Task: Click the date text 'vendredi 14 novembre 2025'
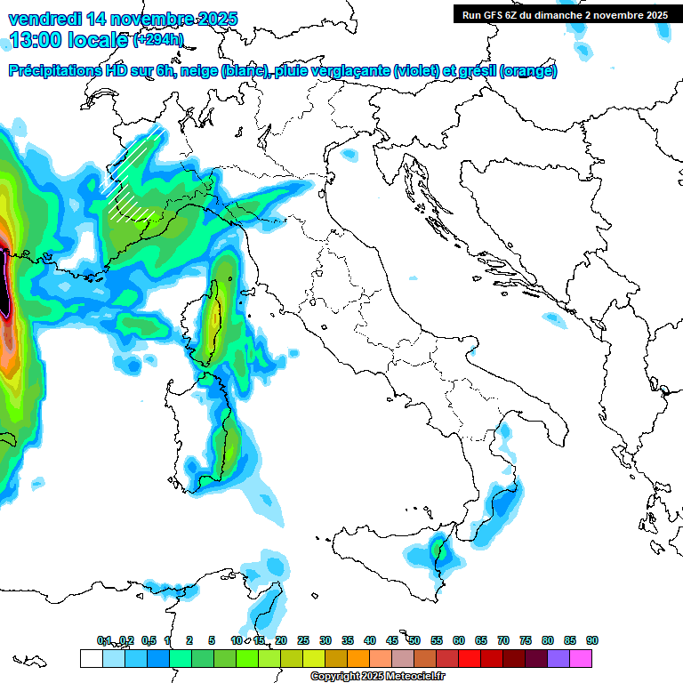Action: coord(123,19)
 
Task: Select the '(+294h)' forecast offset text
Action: coord(159,40)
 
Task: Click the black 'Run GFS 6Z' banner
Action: coord(565,14)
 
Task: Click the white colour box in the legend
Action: coord(91,658)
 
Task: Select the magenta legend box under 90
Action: coord(581,658)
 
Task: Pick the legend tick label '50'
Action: coord(414,640)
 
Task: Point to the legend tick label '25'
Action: coord(303,640)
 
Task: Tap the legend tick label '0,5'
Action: coord(148,640)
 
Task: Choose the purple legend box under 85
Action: coord(558,658)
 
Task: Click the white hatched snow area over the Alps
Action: coord(133,173)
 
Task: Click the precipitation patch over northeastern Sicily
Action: coord(438,551)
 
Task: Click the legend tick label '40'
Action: coord(370,640)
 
